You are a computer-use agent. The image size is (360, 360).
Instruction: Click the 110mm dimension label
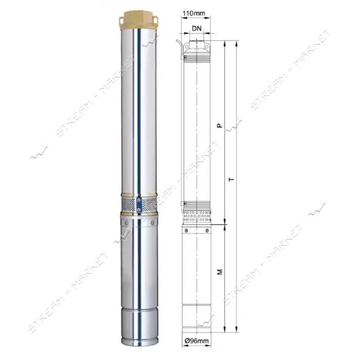(194, 13)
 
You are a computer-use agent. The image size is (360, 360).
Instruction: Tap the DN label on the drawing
(196, 28)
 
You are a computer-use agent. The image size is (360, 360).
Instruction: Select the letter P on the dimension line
(220, 125)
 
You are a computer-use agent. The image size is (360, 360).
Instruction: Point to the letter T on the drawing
(232, 179)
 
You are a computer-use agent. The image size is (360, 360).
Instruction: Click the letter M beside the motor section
(220, 272)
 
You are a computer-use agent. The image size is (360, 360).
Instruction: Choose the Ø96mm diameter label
(196, 341)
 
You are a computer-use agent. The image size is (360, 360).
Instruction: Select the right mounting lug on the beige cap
(155, 21)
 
